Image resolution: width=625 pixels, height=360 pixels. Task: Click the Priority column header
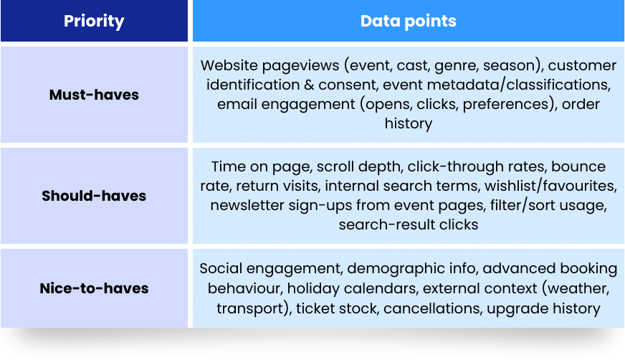94,21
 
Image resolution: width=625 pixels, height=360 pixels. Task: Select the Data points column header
408,21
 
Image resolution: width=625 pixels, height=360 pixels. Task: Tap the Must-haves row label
94,95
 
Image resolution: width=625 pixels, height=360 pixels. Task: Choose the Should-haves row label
94,196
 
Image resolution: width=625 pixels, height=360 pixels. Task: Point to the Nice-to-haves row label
94,288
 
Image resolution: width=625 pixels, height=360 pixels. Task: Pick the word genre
457,66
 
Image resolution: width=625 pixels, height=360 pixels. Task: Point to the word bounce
578,166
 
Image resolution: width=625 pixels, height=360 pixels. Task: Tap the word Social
221,268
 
